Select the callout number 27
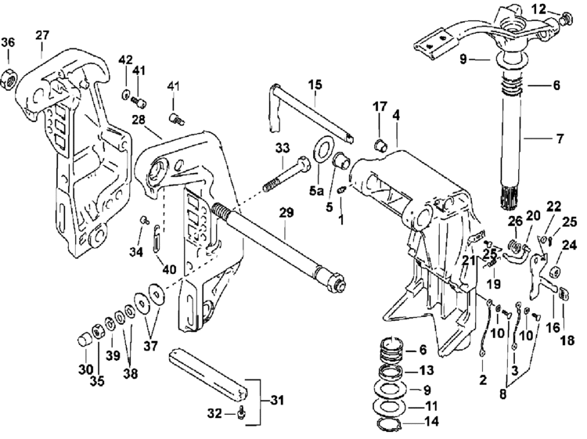(42, 35)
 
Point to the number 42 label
(125, 59)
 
